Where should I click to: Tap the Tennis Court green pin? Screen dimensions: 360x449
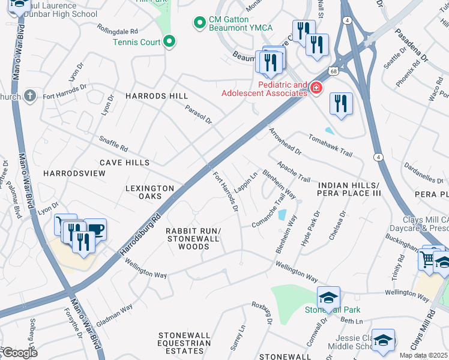point(170,42)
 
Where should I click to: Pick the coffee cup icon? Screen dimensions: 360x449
point(95,229)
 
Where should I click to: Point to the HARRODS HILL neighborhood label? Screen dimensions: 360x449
point(156,96)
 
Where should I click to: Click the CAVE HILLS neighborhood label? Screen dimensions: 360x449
point(124,163)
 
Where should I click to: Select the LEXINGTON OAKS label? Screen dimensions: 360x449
point(149,192)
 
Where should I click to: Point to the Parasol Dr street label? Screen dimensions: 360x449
point(199,112)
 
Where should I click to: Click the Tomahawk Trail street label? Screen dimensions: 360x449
point(330,145)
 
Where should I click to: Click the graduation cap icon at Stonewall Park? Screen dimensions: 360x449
point(328,297)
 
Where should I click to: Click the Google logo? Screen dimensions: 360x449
point(19,352)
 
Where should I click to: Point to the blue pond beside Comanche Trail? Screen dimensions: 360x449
point(282,214)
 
